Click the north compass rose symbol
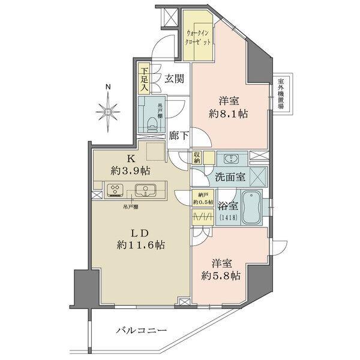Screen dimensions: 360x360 (x=107, y=110)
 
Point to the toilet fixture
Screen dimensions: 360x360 (x=154, y=122)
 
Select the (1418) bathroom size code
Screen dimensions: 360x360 (x=229, y=217)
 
